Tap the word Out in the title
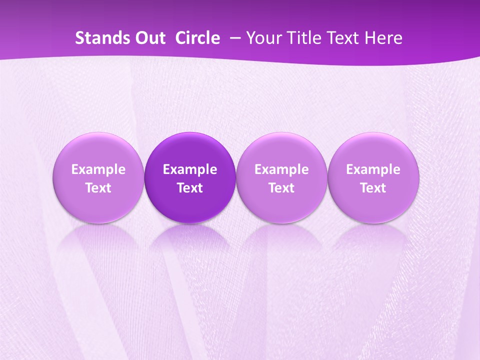[x=149, y=38]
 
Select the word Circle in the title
[x=197, y=38]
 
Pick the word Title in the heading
[x=301, y=38]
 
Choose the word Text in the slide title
[x=339, y=38]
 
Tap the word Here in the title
[x=382, y=38]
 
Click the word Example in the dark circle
[x=190, y=169]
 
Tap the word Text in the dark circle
[x=190, y=188]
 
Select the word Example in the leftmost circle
[x=98, y=169]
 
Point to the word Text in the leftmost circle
[x=98, y=188]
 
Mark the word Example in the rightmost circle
[x=373, y=169]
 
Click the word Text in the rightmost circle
[x=373, y=188]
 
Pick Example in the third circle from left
[x=281, y=169]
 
